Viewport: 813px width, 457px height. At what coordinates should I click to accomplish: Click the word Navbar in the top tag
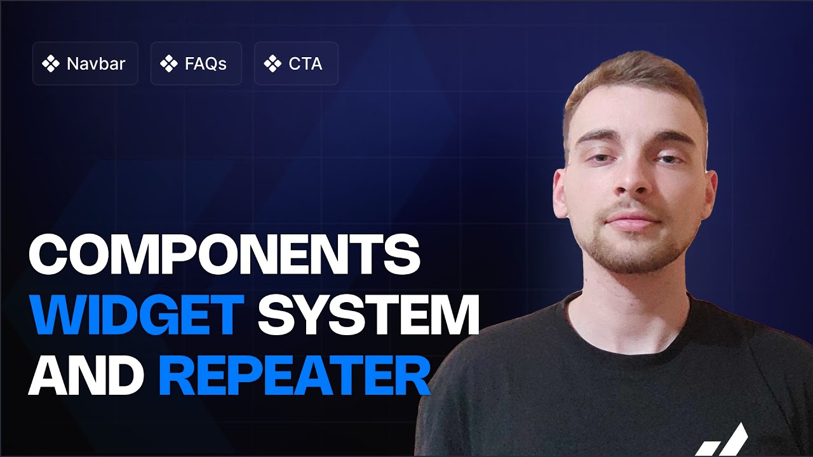pyautogui.click(x=96, y=64)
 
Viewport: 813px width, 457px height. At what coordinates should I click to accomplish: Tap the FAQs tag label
pyautogui.click(x=206, y=64)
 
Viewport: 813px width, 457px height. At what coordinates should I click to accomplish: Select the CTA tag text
pyautogui.click(x=306, y=64)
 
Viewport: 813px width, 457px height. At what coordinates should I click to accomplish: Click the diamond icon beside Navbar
pyautogui.click(x=50, y=64)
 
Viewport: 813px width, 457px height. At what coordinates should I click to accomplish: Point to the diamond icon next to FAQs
pyautogui.click(x=168, y=64)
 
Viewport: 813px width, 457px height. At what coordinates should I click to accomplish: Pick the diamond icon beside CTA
pyautogui.click(x=272, y=64)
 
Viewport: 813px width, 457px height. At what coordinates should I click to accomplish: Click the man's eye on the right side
pyautogui.click(x=668, y=159)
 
